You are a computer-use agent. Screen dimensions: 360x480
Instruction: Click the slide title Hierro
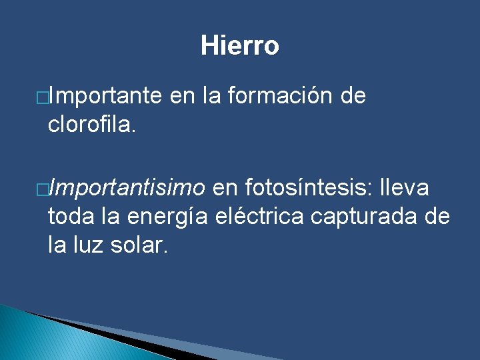pyautogui.click(x=239, y=46)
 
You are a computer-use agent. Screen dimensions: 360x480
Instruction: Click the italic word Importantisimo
pyautogui.click(x=127, y=189)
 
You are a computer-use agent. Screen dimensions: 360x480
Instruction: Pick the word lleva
pyautogui.click(x=404, y=189)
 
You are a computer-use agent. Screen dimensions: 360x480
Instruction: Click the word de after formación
pyautogui.click(x=353, y=97)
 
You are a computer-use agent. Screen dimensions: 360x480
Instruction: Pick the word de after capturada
pyautogui.click(x=437, y=217)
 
